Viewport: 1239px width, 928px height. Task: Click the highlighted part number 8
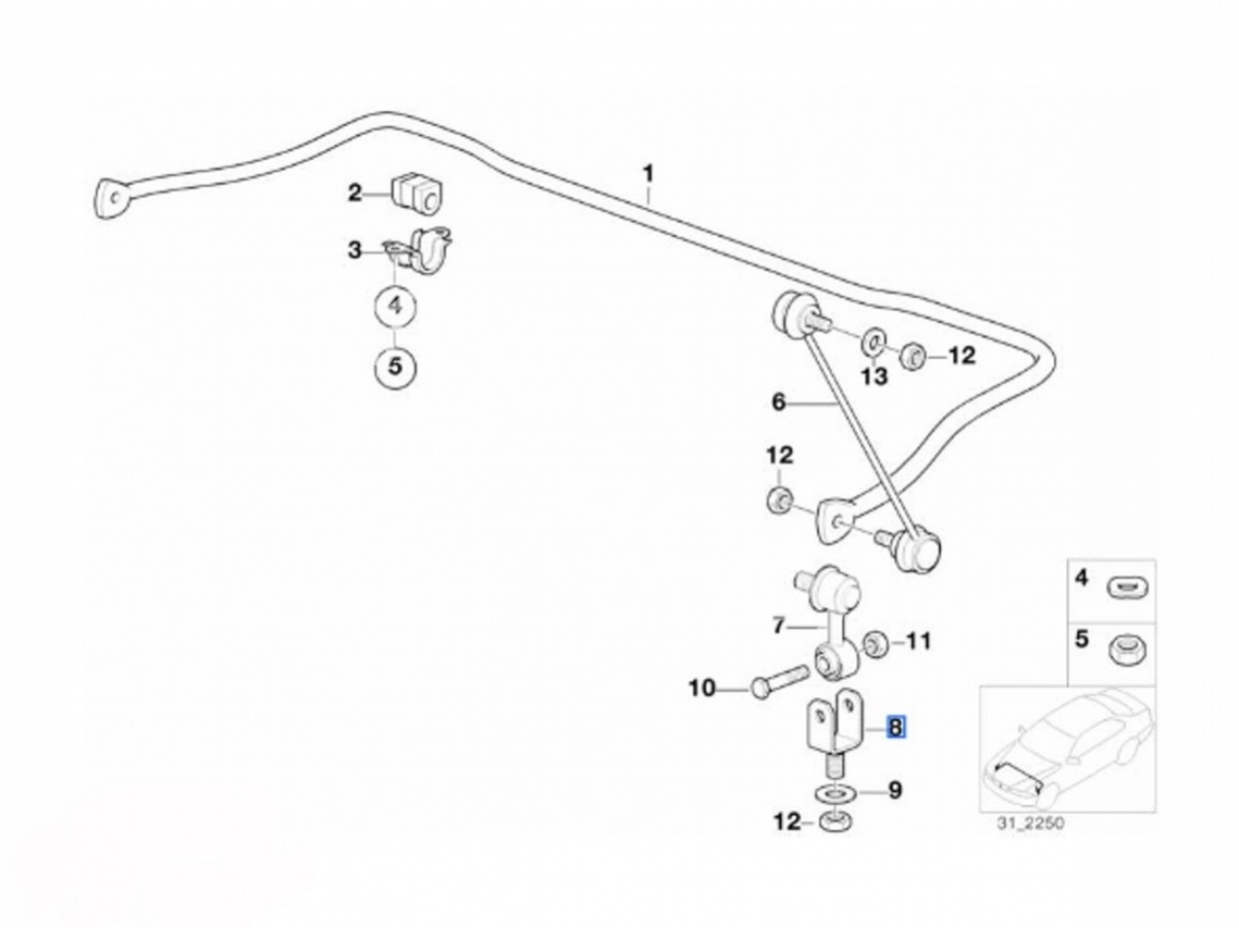(x=896, y=726)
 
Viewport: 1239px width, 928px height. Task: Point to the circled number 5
(x=395, y=367)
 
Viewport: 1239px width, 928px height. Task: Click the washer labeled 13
(x=871, y=341)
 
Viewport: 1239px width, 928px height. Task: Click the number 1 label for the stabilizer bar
(x=649, y=175)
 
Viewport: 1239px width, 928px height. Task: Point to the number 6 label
(x=779, y=402)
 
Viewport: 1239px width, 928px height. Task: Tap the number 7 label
(x=779, y=626)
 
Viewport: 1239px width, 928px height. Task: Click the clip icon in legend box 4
(x=1126, y=586)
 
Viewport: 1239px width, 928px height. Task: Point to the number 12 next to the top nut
(x=961, y=356)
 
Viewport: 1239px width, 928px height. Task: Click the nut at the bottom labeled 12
(x=831, y=823)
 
